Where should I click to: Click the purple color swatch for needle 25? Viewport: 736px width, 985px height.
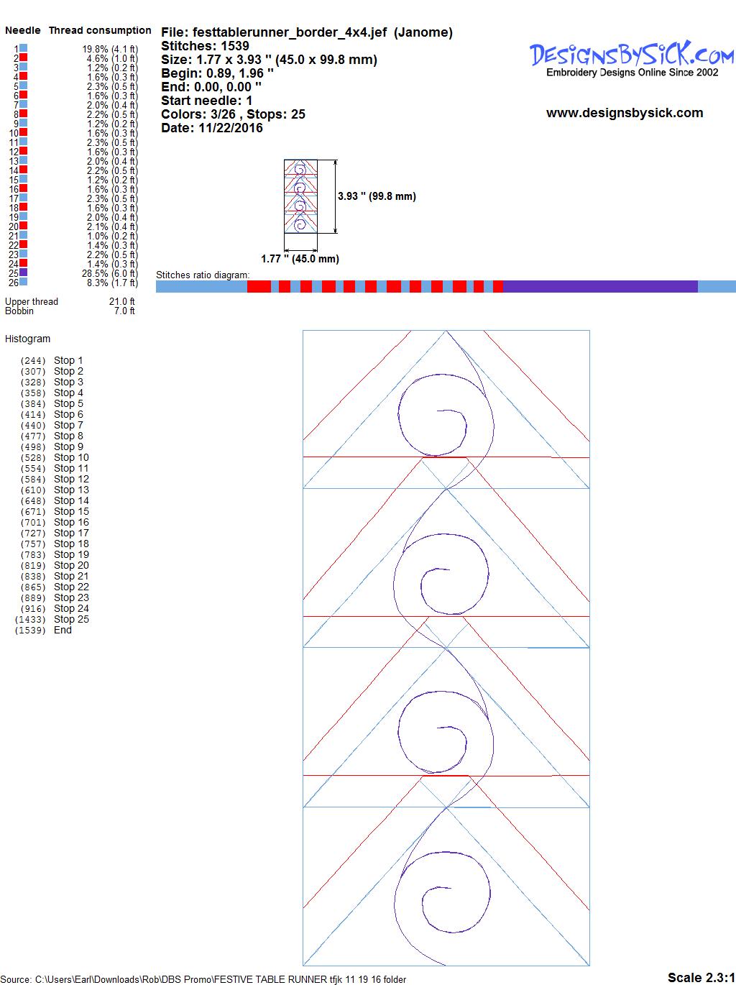coord(23,272)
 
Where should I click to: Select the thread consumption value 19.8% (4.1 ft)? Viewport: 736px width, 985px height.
coord(111,49)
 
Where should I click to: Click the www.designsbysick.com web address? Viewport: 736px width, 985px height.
coord(625,113)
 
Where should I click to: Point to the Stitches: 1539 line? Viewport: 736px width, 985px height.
coord(205,46)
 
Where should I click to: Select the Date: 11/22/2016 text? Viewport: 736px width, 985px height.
coord(212,128)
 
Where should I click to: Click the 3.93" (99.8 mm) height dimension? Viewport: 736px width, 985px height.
coord(377,196)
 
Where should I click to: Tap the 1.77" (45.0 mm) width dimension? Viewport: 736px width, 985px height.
coord(300,259)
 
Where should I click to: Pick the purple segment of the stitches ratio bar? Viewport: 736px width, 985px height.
coord(600,286)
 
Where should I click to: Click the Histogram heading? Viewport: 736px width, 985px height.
coord(27,339)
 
